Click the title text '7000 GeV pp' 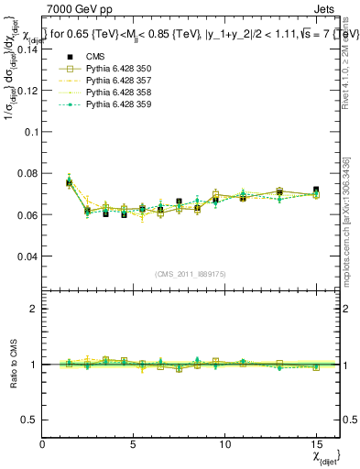tap(71, 9)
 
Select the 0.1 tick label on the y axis tap(32, 131)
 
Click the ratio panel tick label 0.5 tap(30, 420)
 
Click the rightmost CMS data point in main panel tap(316, 190)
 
